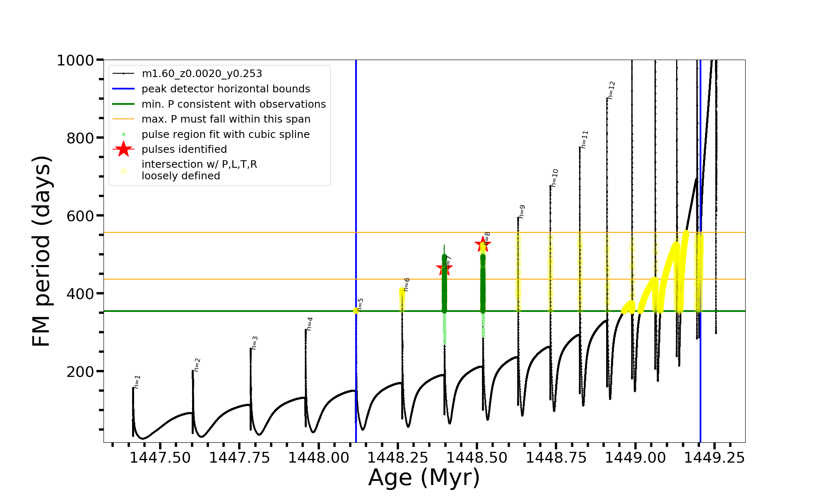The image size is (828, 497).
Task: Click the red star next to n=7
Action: click(x=444, y=268)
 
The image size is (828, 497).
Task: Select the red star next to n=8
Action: click(x=483, y=244)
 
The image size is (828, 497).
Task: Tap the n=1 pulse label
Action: click(x=137, y=381)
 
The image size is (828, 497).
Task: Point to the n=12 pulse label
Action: click(x=612, y=90)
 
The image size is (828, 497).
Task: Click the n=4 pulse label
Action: click(x=310, y=324)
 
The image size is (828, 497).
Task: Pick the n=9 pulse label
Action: click(x=522, y=211)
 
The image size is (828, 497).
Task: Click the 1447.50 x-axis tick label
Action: click(x=160, y=458)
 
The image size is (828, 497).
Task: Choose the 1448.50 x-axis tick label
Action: click(x=477, y=458)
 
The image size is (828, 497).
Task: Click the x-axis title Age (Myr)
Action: click(x=424, y=478)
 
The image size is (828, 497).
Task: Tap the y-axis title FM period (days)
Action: click(x=41, y=251)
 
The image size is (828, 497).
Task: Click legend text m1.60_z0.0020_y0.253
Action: click(x=202, y=74)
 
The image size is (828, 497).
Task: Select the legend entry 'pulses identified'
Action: click(x=184, y=149)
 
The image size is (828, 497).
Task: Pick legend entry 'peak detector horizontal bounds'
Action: click(x=226, y=89)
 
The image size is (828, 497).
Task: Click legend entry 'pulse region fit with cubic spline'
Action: click(x=226, y=134)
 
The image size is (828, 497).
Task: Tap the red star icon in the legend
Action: click(x=123, y=149)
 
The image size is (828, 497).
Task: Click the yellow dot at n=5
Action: click(x=356, y=311)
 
